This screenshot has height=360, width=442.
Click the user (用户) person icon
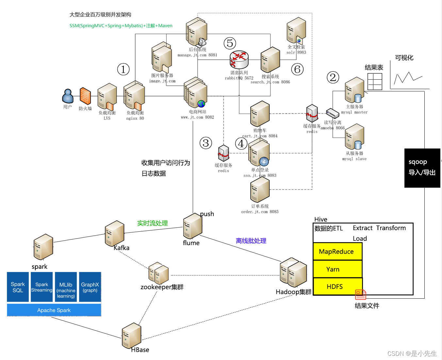click(68, 96)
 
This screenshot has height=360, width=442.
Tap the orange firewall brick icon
click(85, 96)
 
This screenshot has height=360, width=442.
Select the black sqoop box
click(422, 168)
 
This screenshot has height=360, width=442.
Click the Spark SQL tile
click(18, 287)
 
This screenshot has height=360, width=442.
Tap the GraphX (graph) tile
click(90, 287)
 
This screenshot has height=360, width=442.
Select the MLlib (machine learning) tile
click(66, 287)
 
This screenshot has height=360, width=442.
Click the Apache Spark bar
click(54, 310)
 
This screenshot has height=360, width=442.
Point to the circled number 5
click(230, 43)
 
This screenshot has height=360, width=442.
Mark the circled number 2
click(333, 77)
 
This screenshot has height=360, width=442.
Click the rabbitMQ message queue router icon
click(239, 59)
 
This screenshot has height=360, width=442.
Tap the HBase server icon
click(132, 336)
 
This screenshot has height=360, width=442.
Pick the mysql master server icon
click(355, 90)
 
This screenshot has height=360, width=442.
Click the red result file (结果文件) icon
click(361, 294)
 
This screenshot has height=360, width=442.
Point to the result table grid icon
click(375, 81)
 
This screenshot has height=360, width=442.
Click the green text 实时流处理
click(152, 223)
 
